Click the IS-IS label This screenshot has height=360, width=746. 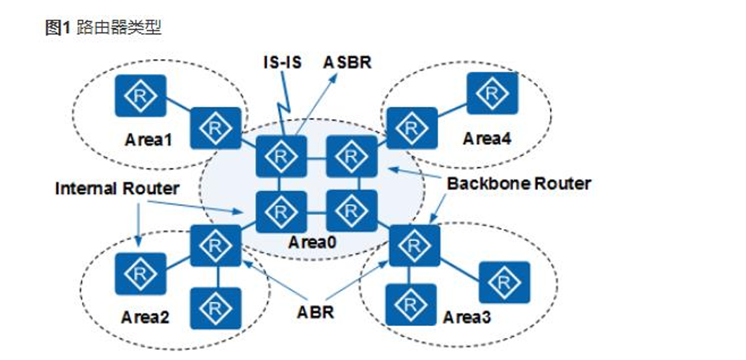[x=283, y=62]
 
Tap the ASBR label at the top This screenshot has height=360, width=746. [x=347, y=62]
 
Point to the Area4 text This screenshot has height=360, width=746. [x=487, y=139]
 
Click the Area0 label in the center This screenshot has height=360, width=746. [x=312, y=243]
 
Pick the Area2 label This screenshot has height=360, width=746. [x=145, y=317]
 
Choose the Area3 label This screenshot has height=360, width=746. [x=466, y=317]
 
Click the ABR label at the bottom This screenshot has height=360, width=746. [x=315, y=313]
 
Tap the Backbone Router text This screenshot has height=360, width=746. [x=519, y=184]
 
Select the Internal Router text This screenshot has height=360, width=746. [x=117, y=189]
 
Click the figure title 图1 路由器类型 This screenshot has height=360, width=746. [x=103, y=28]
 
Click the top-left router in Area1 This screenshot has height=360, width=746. [x=141, y=95]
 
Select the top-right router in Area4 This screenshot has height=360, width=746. [x=492, y=93]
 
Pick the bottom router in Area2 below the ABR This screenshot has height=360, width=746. [x=216, y=308]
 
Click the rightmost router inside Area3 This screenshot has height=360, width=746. [x=504, y=282]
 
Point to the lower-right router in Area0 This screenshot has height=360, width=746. [x=352, y=211]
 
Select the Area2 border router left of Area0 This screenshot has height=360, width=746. [x=216, y=246]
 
